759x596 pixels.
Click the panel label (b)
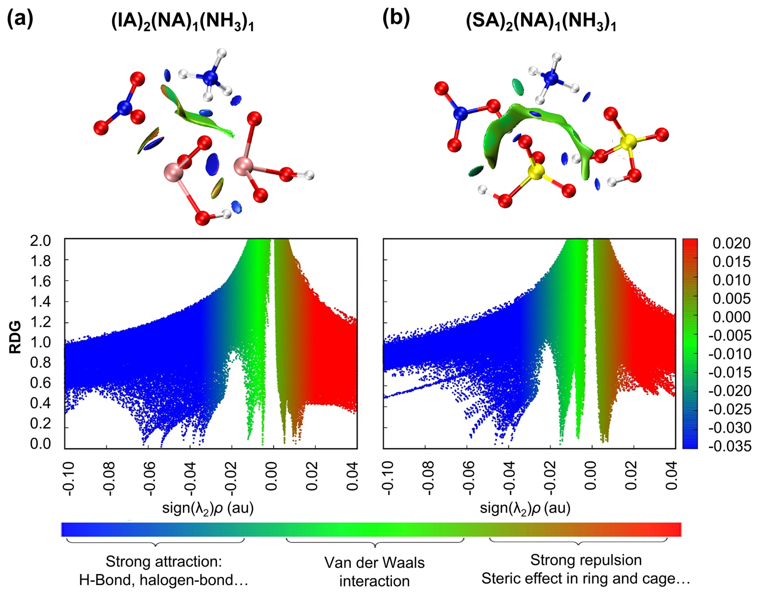pos(396,18)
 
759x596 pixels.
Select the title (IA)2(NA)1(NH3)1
pos(183,22)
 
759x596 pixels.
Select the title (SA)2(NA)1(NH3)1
pos(541,22)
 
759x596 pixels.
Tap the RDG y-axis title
pos(15,337)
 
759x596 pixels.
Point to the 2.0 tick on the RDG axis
pos(41,241)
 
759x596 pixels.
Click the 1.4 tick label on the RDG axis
pos(41,301)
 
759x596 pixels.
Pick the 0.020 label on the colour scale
pos(731,243)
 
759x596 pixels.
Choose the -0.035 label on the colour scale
pos(729,446)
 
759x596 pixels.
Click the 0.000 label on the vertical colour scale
pos(731,317)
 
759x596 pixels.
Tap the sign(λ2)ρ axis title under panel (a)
pos(208,509)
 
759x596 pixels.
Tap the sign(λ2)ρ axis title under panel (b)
pos(525,509)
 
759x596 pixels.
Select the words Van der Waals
pos(374,563)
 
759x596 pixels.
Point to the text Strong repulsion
pos(586,560)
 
